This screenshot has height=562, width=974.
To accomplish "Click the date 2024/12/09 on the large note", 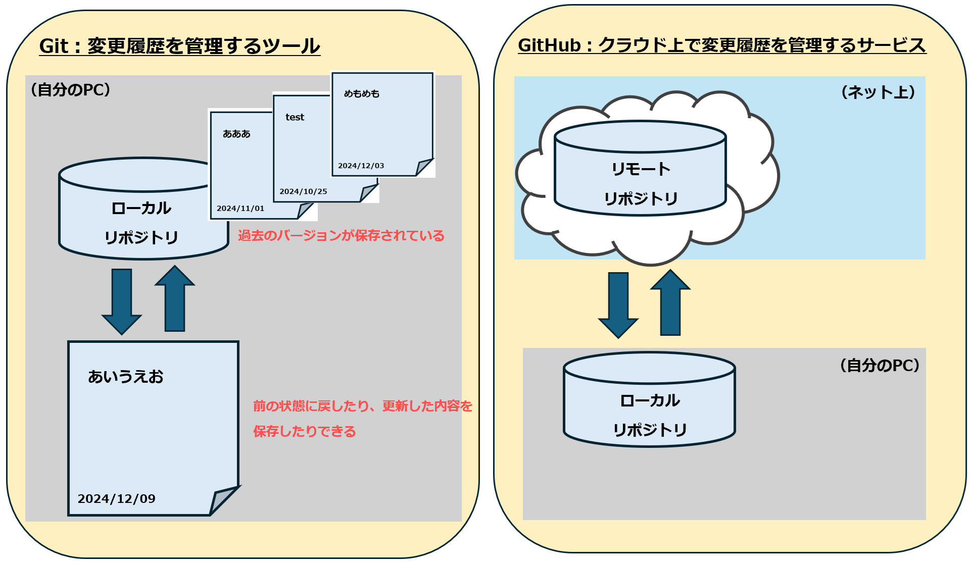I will tap(116, 499).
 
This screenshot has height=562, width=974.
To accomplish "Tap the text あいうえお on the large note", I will tap(126, 377).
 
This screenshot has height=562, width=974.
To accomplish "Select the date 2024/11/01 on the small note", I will tap(240, 209).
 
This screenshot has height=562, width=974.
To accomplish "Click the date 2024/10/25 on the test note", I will tap(303, 191).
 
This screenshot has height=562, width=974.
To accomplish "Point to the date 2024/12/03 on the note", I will tap(361, 166).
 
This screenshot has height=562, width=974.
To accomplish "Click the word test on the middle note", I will tap(295, 117).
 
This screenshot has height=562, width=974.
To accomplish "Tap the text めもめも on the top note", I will tap(361, 94).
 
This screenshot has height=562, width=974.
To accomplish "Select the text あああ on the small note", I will tap(236, 134).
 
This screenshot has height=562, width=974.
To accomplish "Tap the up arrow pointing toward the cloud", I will tap(670, 303).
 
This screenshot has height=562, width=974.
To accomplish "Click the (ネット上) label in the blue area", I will tap(878, 92).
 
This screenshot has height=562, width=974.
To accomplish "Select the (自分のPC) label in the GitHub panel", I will tap(879, 366).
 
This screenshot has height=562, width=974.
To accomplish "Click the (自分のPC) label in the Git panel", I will tap(70, 90).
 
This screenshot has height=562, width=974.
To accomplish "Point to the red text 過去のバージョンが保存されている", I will tap(341, 236).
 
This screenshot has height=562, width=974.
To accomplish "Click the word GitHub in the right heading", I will tap(549, 45).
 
